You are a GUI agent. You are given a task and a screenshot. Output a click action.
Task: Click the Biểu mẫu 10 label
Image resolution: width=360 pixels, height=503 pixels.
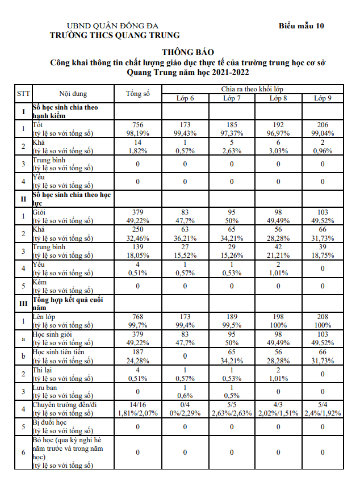[x=302, y=26]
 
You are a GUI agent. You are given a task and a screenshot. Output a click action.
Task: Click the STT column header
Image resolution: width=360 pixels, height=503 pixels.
[x=23, y=93]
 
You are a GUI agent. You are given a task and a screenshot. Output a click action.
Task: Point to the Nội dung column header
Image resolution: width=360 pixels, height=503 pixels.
[x=73, y=93]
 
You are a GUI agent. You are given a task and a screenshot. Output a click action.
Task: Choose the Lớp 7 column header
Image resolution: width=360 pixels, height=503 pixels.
[x=232, y=98]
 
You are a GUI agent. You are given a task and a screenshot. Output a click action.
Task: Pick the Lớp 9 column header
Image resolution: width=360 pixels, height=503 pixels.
[x=323, y=98]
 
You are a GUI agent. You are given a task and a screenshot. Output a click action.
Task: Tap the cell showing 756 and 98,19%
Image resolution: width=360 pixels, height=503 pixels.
[x=138, y=129]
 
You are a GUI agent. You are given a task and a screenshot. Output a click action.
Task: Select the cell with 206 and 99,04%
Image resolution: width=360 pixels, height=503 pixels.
[x=323, y=129]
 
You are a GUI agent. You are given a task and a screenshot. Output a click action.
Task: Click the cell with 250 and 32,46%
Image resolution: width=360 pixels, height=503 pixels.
[x=138, y=233]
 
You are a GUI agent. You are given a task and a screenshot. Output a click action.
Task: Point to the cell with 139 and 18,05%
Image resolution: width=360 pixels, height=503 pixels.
[x=138, y=251]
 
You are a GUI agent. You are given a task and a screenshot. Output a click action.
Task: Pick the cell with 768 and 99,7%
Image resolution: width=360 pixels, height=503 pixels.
[x=138, y=321]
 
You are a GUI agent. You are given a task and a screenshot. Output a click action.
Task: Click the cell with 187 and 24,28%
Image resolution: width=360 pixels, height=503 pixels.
[x=138, y=357]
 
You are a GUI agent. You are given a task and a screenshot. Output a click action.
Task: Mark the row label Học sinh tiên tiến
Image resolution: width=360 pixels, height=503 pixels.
[x=59, y=353]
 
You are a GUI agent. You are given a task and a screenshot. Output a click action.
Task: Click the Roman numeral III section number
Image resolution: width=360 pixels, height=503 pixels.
[x=23, y=304]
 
